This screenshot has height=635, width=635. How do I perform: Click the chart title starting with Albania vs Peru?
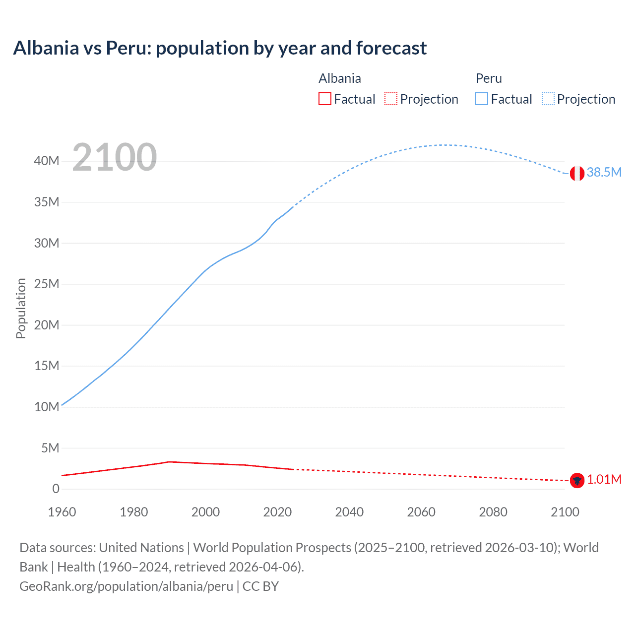pyautogui.click(x=220, y=48)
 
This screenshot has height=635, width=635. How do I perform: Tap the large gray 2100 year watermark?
pyautogui.click(x=115, y=157)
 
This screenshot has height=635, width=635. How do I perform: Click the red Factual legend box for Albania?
pyautogui.click(x=324, y=99)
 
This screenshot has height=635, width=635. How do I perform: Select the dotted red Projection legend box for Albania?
pyautogui.click(x=391, y=99)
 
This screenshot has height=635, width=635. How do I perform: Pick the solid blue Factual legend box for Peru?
pyautogui.click(x=482, y=99)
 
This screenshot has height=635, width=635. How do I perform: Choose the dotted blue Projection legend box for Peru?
pyautogui.click(x=548, y=99)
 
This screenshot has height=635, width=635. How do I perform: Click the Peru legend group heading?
pyautogui.click(x=489, y=78)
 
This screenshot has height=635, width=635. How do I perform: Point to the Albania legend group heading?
pyautogui.click(x=340, y=78)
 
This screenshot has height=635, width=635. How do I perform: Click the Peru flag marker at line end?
pyautogui.click(x=576, y=173)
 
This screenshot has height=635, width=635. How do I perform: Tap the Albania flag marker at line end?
pyautogui.click(x=576, y=480)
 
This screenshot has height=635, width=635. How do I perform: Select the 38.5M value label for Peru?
pyautogui.click(x=604, y=172)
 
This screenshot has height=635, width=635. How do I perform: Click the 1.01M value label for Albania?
pyautogui.click(x=604, y=479)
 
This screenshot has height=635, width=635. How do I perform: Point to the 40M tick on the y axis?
pyautogui.click(x=47, y=161)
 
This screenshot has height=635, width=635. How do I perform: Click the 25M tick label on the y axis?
pyautogui.click(x=47, y=284)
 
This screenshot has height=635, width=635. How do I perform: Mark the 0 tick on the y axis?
pyautogui.click(x=56, y=489)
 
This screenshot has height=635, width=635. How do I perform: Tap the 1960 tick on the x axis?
pyautogui.click(x=62, y=512)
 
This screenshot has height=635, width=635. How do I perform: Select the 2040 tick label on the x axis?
pyautogui.click(x=349, y=512)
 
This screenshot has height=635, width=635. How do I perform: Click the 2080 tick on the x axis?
pyautogui.click(x=493, y=512)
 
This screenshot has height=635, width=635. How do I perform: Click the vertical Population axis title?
pyautogui.click(x=21, y=308)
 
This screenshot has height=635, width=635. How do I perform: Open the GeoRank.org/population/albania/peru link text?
pyautogui.click(x=126, y=586)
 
